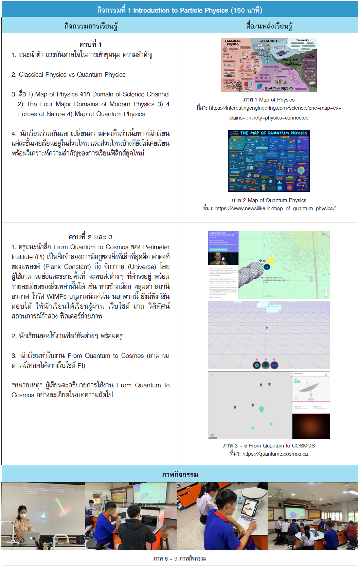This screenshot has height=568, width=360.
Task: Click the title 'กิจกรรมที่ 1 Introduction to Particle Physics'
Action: click(180, 10)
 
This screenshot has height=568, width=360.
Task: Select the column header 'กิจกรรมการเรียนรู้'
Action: click(91, 26)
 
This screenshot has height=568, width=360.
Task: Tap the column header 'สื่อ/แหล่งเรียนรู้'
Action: click(269, 26)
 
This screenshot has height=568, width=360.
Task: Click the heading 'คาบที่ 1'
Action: click(90, 44)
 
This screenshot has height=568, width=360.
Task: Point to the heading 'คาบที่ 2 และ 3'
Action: click(90, 237)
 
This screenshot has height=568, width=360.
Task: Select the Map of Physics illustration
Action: click(269, 65)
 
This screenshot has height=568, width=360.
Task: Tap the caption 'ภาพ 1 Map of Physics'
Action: click(269, 100)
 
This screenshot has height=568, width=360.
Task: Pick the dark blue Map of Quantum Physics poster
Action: click(269, 161)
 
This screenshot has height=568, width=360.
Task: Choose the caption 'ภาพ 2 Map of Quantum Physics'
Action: click(269, 200)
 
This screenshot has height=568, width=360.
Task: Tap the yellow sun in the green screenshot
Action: click(271, 261)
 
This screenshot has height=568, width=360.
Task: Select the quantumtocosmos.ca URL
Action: click(275, 454)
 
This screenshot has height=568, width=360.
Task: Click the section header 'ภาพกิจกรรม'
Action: click(180, 474)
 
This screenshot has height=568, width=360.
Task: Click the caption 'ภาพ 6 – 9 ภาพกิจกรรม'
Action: click(180, 558)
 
